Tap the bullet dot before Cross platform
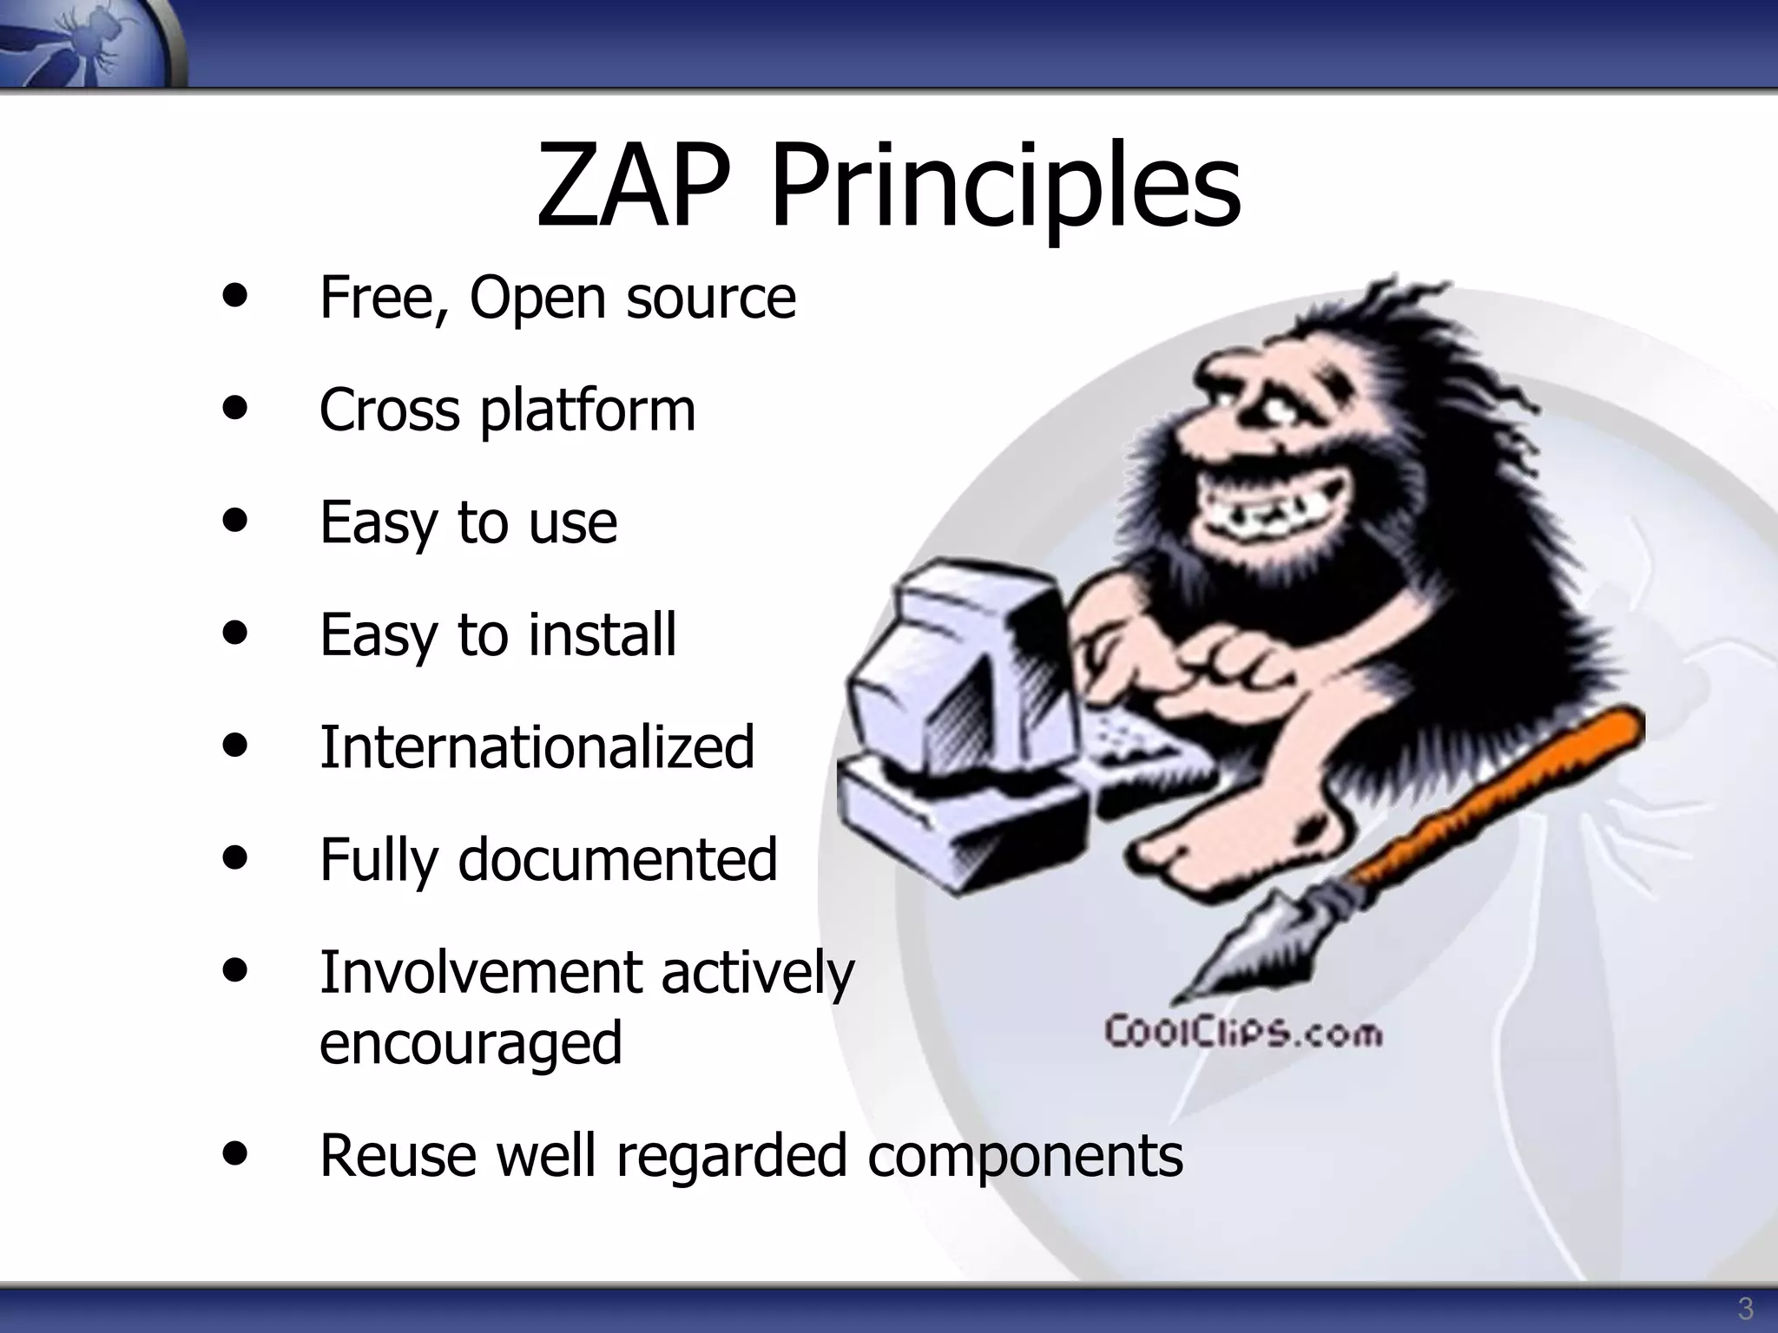click(234, 407)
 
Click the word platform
click(588, 410)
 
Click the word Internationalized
click(537, 746)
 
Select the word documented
click(617, 859)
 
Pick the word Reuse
click(397, 1155)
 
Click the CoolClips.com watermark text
click(1242, 1033)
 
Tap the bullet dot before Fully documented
click(234, 857)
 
